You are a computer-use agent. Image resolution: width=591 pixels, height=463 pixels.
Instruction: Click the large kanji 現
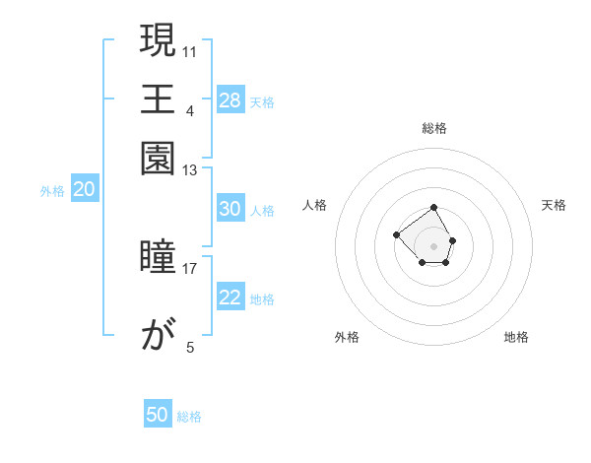pyautogui.click(x=158, y=42)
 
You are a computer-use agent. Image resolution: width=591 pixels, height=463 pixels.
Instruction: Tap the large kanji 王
pyautogui.click(x=158, y=99)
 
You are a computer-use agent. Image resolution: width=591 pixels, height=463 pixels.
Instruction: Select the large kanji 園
pyautogui.click(x=158, y=157)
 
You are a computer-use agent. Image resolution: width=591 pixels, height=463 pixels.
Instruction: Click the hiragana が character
pyautogui.click(x=158, y=337)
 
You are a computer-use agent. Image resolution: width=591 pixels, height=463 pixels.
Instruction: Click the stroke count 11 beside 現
pyautogui.click(x=190, y=50)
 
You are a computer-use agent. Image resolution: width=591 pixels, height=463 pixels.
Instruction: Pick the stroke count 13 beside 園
pyautogui.click(x=190, y=171)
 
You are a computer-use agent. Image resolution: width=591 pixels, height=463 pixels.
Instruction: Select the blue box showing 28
pyautogui.click(x=230, y=100)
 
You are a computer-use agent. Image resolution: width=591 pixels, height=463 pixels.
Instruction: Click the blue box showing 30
pyautogui.click(x=230, y=209)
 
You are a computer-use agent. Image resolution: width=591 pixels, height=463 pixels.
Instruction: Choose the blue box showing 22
pyautogui.click(x=230, y=298)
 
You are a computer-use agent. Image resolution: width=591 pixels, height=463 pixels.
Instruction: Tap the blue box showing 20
pyautogui.click(x=85, y=190)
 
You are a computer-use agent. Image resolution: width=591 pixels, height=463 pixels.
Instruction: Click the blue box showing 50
pyautogui.click(x=158, y=415)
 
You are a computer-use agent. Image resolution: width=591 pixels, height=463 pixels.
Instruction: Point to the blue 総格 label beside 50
pyautogui.click(x=189, y=417)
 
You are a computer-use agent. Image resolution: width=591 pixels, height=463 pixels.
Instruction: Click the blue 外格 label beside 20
pyautogui.click(x=52, y=192)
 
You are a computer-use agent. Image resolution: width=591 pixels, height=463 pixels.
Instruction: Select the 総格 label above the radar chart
pyautogui.click(x=434, y=128)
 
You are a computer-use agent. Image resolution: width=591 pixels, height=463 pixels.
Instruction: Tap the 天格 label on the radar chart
pyautogui.click(x=554, y=205)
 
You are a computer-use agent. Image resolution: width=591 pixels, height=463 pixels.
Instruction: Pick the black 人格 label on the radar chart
pyautogui.click(x=315, y=205)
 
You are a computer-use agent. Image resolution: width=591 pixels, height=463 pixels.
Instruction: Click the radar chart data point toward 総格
pyautogui.click(x=433, y=208)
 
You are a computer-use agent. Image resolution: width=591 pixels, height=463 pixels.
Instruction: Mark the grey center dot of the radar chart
pyautogui.click(x=433, y=245)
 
